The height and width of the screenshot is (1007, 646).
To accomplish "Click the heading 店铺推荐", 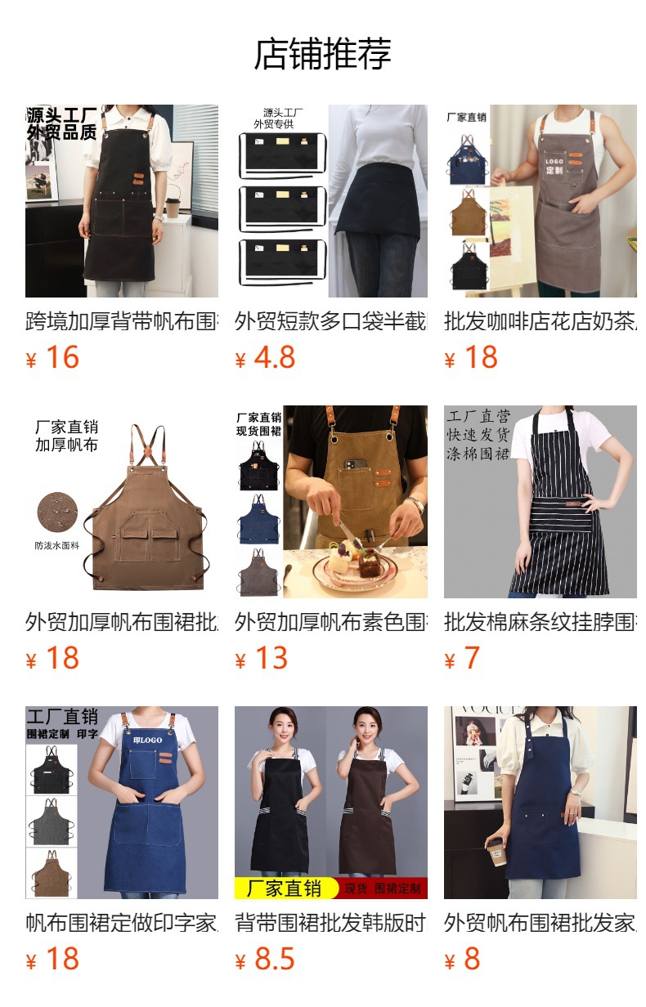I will click(x=322, y=54).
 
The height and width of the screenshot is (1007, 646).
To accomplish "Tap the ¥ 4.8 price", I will click(x=265, y=357).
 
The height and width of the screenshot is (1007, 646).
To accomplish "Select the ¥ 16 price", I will click(x=53, y=357).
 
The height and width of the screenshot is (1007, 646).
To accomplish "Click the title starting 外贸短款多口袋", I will click(x=330, y=321).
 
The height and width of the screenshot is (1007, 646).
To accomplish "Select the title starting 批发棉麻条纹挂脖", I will click(x=540, y=622).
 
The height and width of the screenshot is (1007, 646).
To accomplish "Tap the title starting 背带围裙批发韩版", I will click(x=330, y=923).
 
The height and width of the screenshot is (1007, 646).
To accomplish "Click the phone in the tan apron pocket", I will click(x=353, y=467).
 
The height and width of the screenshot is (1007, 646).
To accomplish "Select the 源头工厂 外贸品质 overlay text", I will click(x=62, y=123).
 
